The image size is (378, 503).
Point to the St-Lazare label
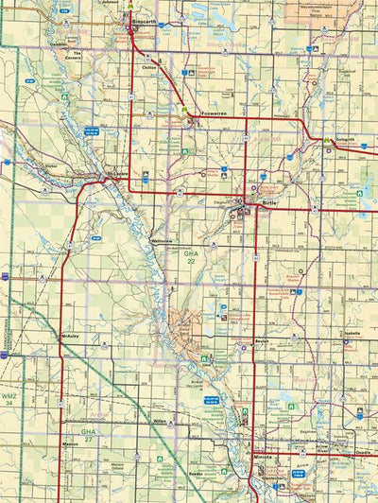118,173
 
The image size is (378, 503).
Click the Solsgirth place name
345,139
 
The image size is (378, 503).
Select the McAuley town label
68,335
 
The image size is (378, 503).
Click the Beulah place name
262,340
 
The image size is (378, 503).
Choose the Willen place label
160,422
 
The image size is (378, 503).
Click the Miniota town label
262,458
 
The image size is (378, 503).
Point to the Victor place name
52,165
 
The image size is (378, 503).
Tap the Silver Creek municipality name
234,43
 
